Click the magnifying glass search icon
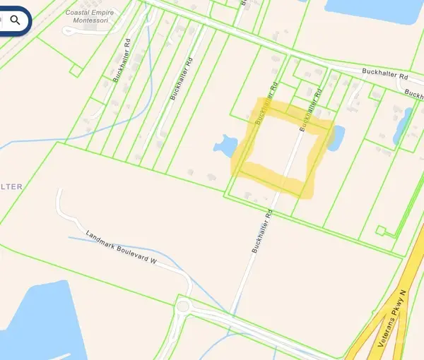[15, 19]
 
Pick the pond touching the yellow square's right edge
[336, 138]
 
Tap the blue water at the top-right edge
[367, 7]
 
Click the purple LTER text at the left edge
[11, 186]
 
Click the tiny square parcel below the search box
[76, 69]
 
